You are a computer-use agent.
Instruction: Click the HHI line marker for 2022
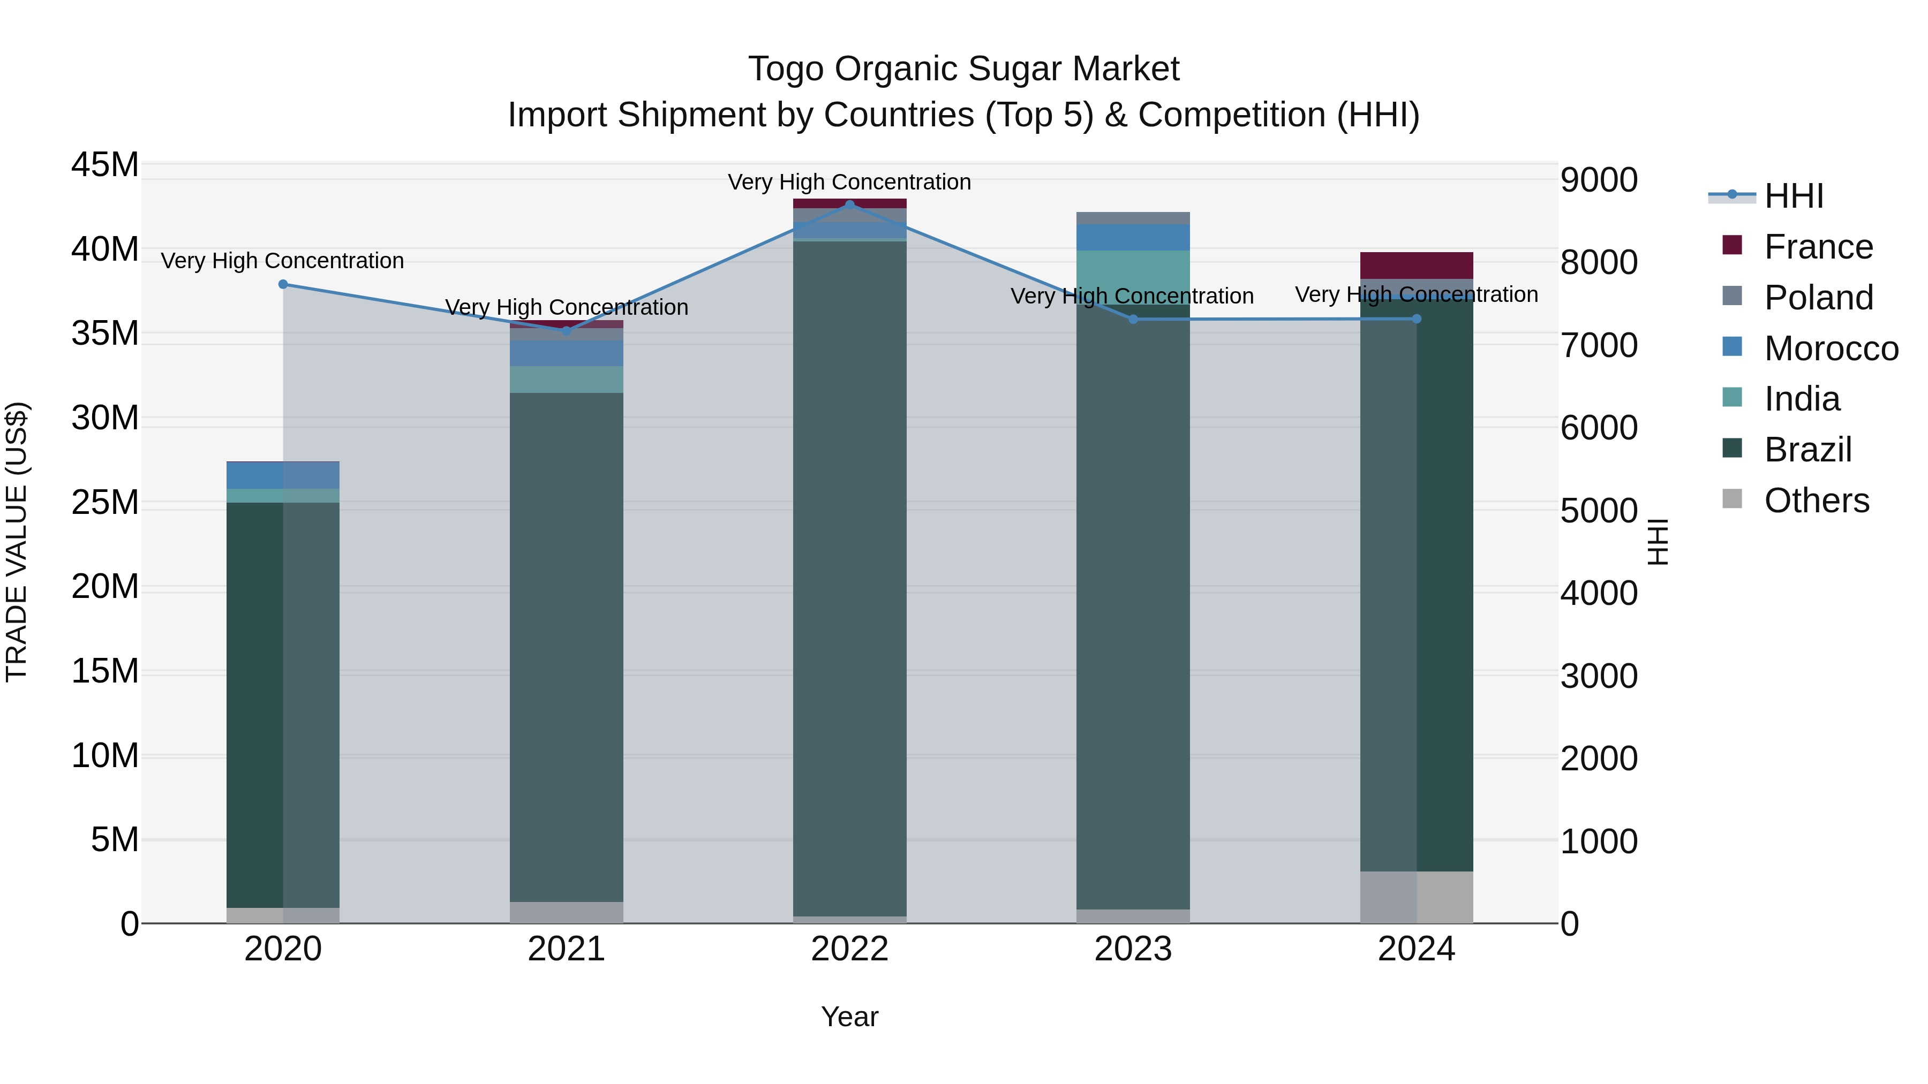[849, 204]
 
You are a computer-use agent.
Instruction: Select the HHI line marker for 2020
[283, 284]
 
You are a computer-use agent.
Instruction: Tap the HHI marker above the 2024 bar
[1416, 319]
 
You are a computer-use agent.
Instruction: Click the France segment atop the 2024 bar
[1416, 266]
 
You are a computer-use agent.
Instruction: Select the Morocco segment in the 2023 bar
[1132, 237]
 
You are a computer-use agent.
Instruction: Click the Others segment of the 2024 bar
[1416, 897]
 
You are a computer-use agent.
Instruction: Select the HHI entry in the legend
[1793, 196]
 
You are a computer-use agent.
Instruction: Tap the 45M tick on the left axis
[105, 164]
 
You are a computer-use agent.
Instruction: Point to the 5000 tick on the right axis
[1599, 511]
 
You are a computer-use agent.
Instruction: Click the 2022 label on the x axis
[849, 949]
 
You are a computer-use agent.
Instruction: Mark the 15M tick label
[105, 671]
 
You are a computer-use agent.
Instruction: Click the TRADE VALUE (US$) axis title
[17, 542]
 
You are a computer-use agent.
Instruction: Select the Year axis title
[849, 1017]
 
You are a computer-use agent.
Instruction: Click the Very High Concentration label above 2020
[282, 260]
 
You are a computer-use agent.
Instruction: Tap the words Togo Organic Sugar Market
[963, 69]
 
